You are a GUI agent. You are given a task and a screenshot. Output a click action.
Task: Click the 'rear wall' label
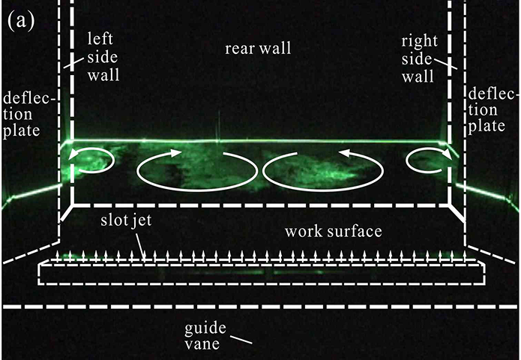coord(258,49)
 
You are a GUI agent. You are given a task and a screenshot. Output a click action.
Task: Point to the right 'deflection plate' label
coord(492,110)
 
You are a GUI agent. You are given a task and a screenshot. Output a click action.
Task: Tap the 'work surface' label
coord(334,229)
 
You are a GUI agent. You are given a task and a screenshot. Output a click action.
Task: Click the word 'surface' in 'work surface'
coord(357,229)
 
